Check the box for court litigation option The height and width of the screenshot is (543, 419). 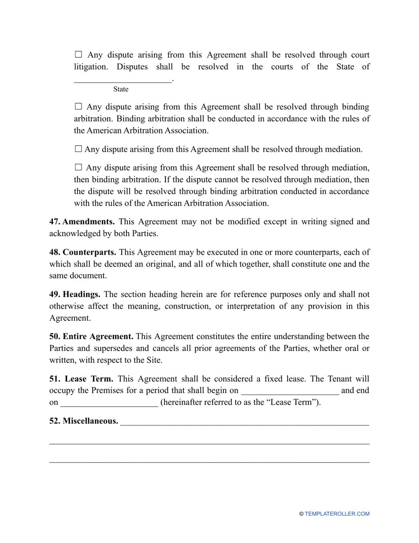(x=79, y=55)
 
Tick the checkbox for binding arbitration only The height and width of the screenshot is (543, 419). (x=79, y=106)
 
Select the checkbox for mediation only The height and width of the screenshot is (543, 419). (x=79, y=149)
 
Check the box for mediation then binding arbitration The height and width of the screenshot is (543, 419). (x=79, y=167)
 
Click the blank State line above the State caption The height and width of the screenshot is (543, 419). (x=123, y=81)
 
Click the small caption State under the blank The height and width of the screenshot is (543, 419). (x=120, y=89)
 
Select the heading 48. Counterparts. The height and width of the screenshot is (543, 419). (x=82, y=252)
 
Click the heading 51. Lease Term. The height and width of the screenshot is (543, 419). (x=81, y=379)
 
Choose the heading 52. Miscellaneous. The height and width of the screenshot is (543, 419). (x=84, y=421)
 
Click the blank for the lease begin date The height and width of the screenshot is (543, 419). (x=290, y=391)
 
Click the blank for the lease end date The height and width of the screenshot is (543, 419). (x=109, y=403)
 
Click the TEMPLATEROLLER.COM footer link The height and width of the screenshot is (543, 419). (x=337, y=514)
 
